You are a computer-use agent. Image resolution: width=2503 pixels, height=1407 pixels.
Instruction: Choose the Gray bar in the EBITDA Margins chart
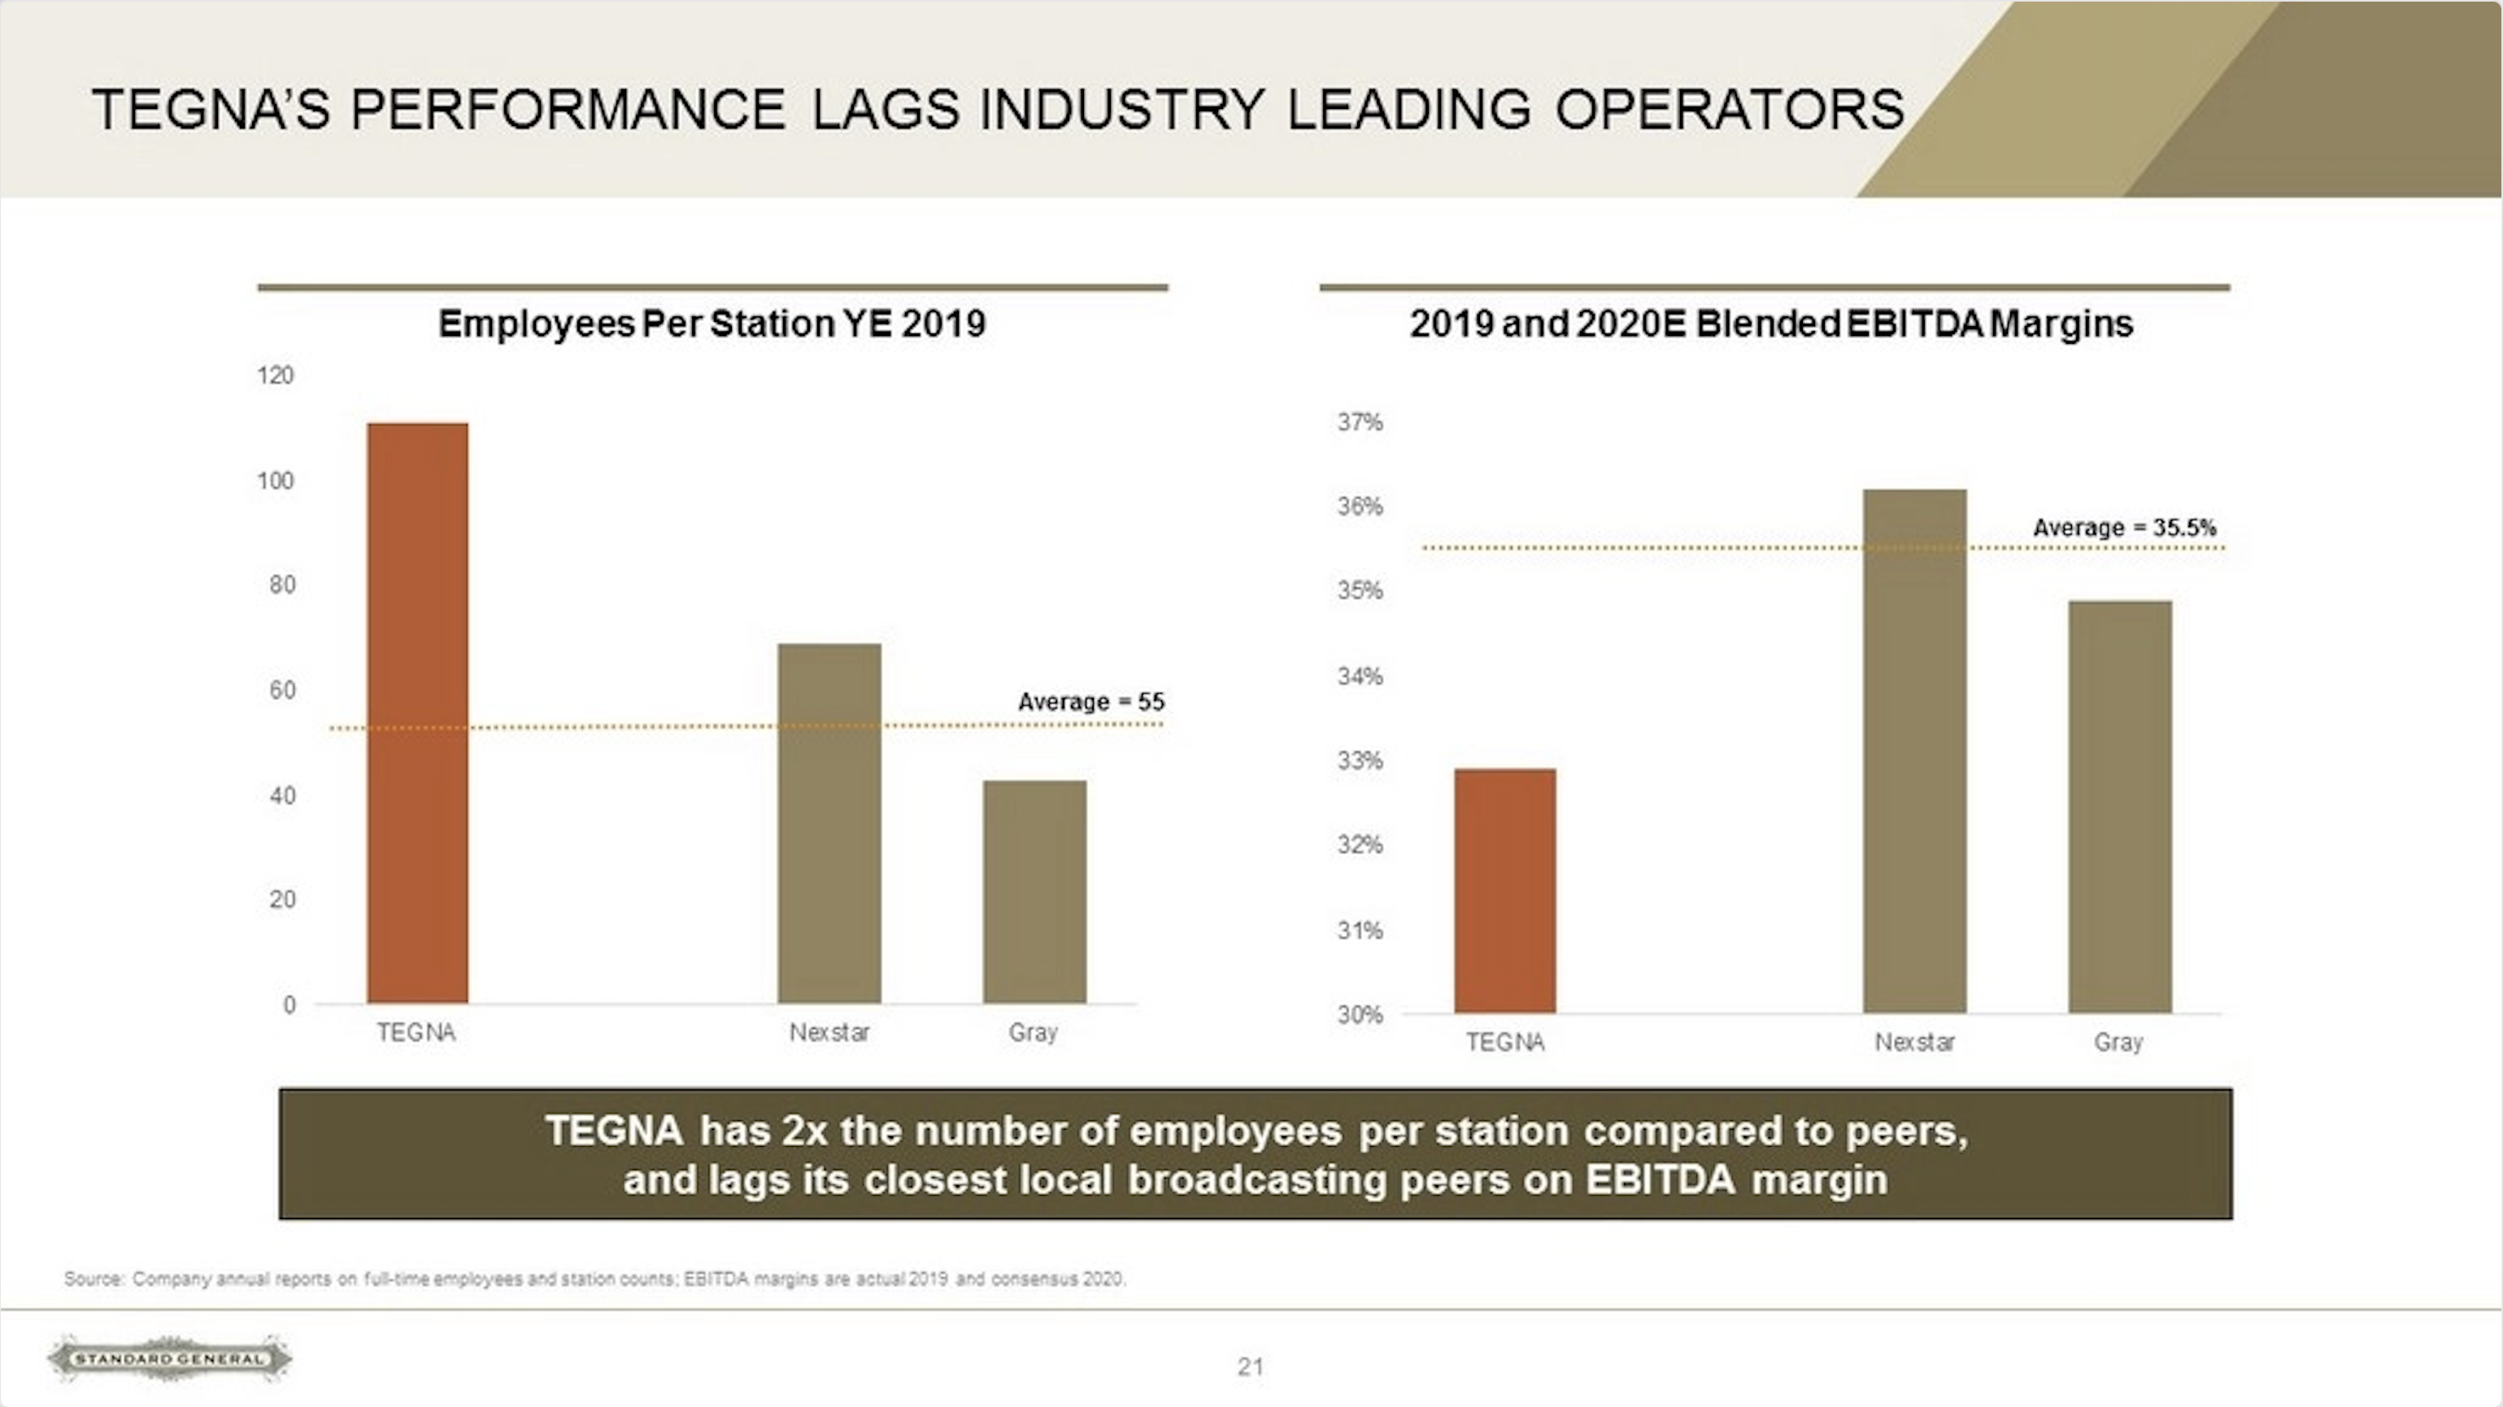(x=2119, y=807)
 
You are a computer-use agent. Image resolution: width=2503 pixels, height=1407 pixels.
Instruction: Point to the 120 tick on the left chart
(x=275, y=376)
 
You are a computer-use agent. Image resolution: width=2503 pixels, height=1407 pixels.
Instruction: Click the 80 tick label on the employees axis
(x=282, y=585)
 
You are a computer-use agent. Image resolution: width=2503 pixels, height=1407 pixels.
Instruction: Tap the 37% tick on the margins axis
(x=1360, y=422)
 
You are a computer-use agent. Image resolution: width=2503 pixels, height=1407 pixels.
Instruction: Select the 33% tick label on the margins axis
(x=1360, y=760)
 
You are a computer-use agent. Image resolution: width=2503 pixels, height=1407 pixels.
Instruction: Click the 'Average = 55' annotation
(x=1090, y=702)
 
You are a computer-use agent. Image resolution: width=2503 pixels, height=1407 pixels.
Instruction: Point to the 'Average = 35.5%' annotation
(x=2124, y=528)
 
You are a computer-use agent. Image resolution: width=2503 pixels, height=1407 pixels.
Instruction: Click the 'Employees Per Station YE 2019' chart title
(x=712, y=324)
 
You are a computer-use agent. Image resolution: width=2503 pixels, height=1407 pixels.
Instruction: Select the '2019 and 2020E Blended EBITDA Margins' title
(x=1770, y=324)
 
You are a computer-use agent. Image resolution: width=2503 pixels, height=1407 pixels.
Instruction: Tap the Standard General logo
(x=170, y=1358)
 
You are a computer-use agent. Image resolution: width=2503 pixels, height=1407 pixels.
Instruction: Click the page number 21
(x=1251, y=1367)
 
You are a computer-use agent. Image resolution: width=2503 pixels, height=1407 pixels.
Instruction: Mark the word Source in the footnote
(x=94, y=1278)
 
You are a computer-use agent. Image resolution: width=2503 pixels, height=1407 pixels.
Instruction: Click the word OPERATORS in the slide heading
(x=1730, y=109)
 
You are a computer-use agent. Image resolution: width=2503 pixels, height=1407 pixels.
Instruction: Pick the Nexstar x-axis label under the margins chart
(x=1914, y=1043)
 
